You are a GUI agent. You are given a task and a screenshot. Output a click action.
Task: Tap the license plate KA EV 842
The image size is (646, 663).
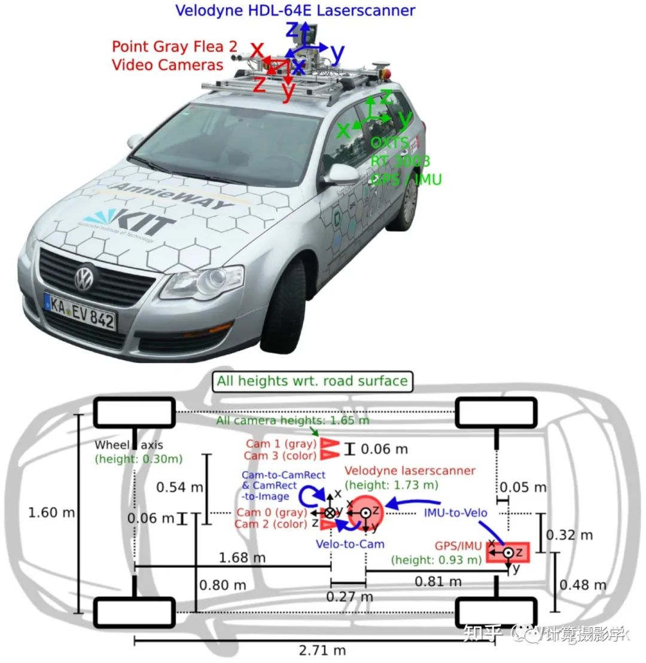pyautogui.click(x=80, y=311)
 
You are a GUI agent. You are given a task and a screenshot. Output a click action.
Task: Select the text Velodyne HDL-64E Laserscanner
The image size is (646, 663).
pyautogui.click(x=295, y=10)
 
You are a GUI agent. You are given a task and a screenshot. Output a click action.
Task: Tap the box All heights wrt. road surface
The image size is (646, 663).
pyautogui.click(x=312, y=381)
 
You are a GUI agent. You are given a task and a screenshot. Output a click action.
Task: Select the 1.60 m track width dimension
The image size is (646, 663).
pyautogui.click(x=52, y=513)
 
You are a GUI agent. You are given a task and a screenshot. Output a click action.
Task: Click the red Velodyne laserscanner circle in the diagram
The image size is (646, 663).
pyautogui.click(x=365, y=512)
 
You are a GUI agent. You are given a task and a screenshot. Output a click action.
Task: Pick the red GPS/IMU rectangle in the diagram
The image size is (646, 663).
pyautogui.click(x=507, y=552)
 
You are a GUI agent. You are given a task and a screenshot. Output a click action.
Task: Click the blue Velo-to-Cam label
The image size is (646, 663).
pyautogui.click(x=350, y=544)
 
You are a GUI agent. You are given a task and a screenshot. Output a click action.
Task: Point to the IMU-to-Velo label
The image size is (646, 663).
pyautogui.click(x=455, y=512)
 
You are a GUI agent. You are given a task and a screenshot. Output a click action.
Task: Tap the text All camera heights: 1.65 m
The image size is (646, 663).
pyautogui.click(x=292, y=420)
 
